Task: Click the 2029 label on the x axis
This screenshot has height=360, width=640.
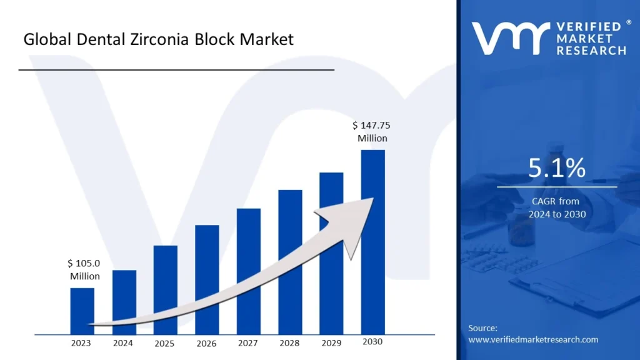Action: (331, 343)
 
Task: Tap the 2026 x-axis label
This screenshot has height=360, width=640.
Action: (206, 343)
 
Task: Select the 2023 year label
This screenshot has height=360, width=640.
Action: (81, 343)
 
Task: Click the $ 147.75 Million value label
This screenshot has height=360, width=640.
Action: (372, 131)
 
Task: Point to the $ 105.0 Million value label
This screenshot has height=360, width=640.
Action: (85, 269)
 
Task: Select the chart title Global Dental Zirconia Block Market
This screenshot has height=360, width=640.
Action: (158, 40)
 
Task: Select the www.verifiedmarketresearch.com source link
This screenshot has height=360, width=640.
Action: (533, 339)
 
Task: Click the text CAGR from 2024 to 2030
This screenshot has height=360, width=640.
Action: (556, 207)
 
